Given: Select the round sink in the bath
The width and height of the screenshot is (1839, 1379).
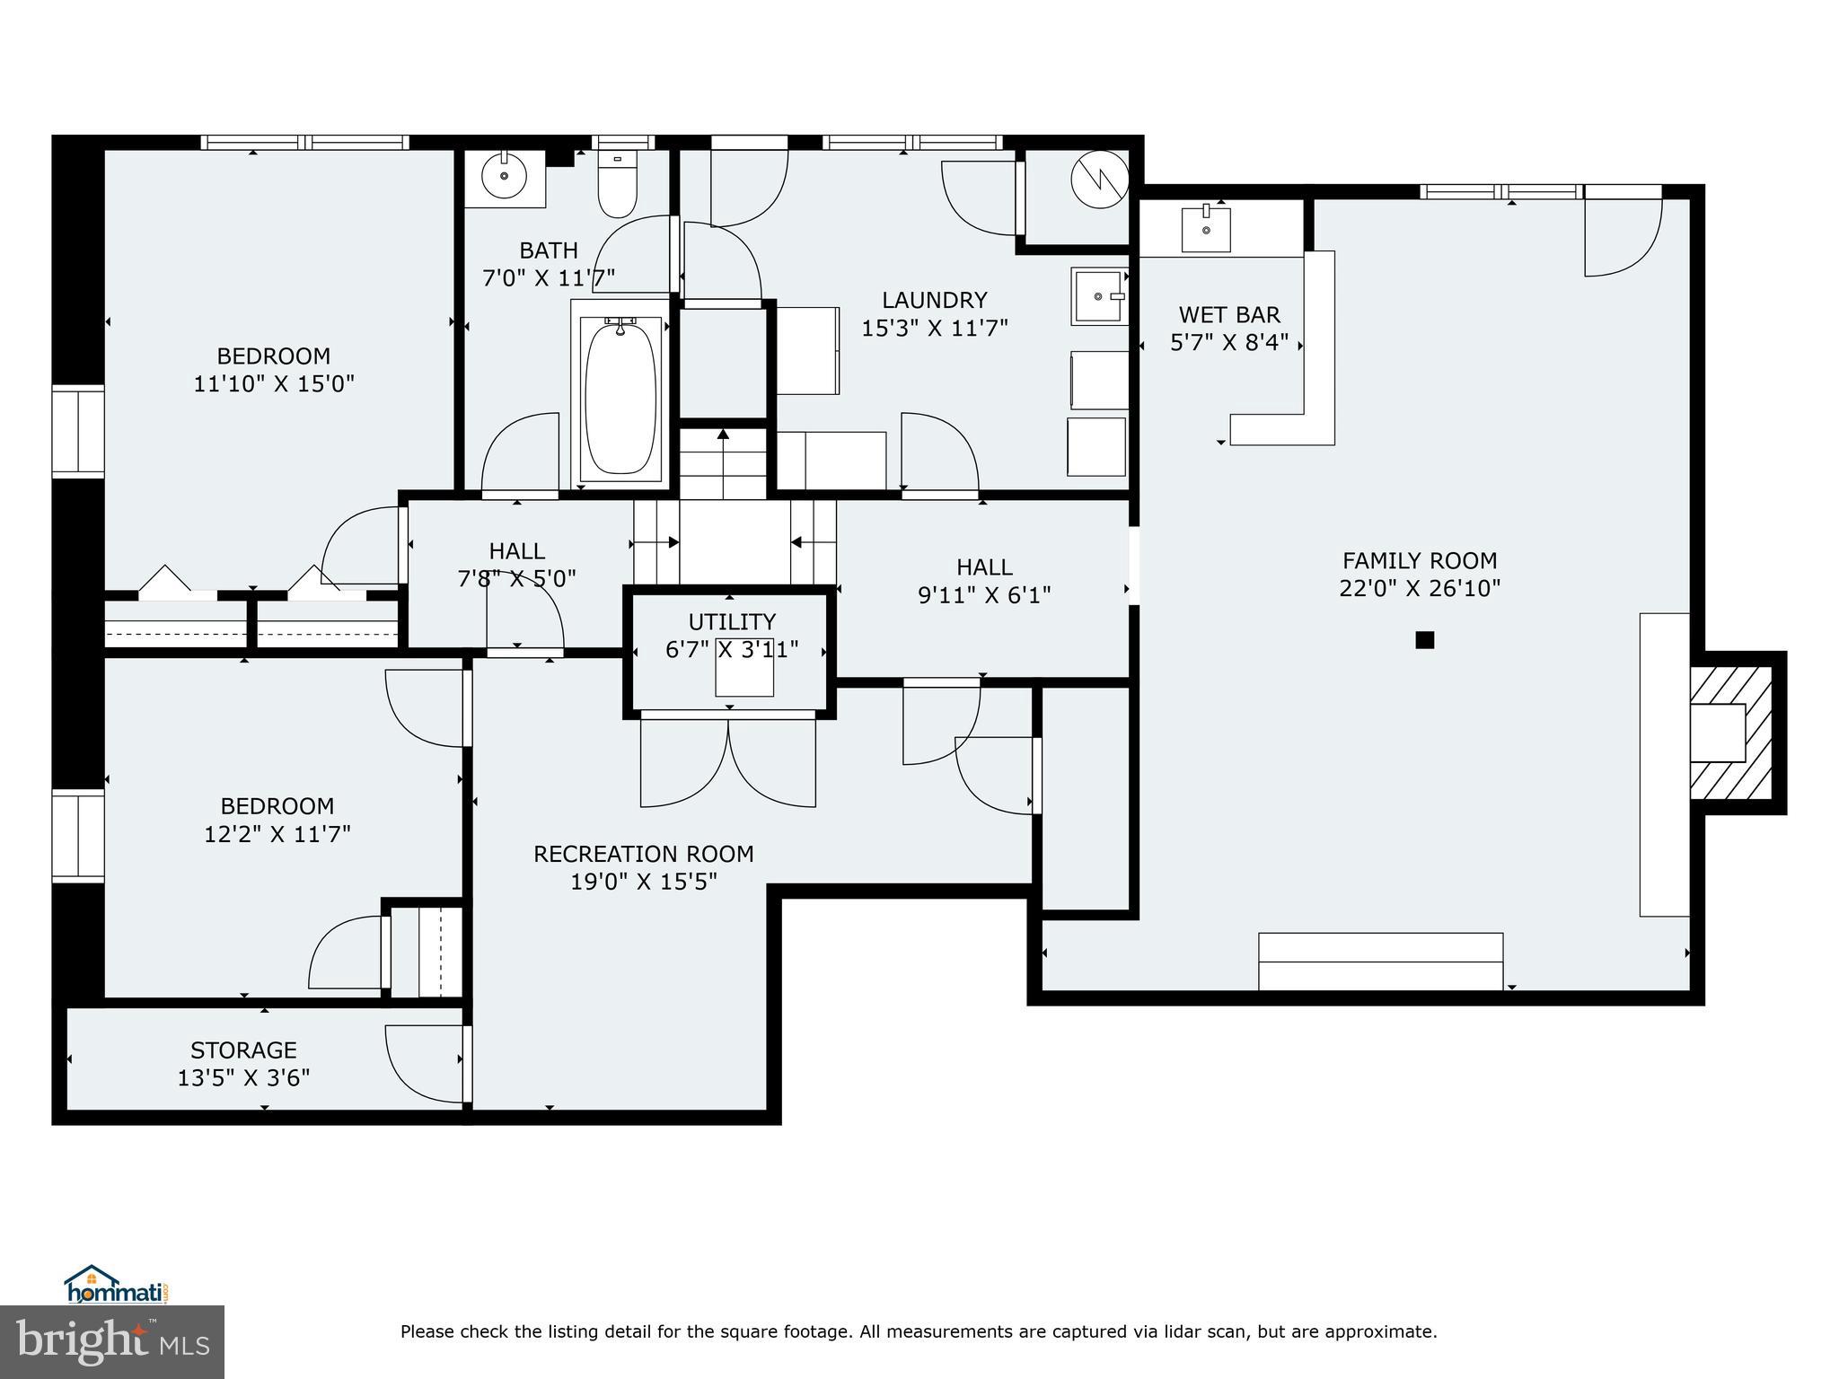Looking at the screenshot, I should point(504,175).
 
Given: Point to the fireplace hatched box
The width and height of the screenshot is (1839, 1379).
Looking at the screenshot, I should point(1731,733).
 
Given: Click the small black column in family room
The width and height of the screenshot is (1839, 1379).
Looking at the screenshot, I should point(1424,640).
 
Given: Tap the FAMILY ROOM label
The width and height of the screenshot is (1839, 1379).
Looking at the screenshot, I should point(1420,561).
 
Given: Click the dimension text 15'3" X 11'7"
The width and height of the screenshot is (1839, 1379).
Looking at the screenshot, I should point(935,329).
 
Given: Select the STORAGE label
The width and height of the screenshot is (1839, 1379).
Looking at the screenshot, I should point(243,1050).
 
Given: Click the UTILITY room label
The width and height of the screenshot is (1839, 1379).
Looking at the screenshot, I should point(732,621).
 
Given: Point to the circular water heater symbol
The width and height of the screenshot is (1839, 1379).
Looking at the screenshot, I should point(1099,180).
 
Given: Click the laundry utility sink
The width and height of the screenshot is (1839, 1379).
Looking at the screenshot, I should point(1098,296).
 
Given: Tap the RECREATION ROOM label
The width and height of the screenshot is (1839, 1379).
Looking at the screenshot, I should point(644,854).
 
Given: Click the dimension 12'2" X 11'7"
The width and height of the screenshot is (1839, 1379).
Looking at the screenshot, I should point(277,834).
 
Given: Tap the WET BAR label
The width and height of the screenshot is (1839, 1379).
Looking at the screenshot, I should point(1229,315).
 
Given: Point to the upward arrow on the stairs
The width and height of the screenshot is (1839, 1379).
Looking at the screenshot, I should point(723,436).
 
